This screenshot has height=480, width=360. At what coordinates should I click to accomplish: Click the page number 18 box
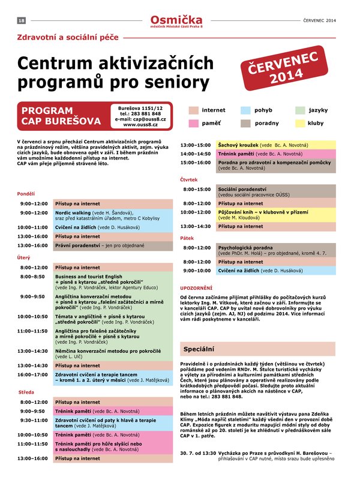click(x=21, y=20)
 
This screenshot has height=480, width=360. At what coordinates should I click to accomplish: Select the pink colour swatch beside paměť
click(x=193, y=123)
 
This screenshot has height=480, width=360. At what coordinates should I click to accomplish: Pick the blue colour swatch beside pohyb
click(x=245, y=110)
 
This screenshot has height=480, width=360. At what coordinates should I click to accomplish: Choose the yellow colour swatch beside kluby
click(x=299, y=123)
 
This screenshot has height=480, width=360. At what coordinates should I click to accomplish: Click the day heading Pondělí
click(x=26, y=194)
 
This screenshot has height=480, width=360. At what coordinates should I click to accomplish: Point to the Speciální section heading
click(x=199, y=349)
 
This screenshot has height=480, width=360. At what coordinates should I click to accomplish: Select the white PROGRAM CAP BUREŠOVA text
click(x=57, y=116)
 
